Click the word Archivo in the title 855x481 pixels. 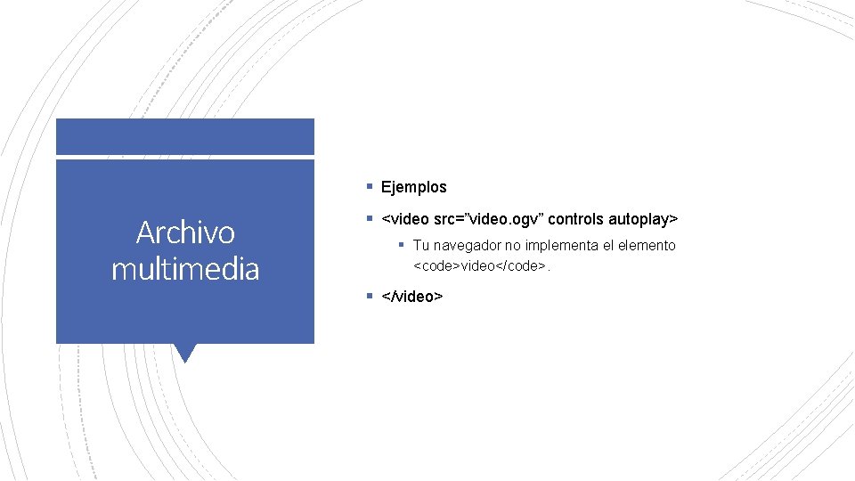(185, 232)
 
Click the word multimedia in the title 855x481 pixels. (185, 268)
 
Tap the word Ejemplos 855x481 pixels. (413, 187)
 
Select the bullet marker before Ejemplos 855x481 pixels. (369, 187)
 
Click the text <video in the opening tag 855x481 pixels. (403, 218)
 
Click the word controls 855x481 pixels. (578, 218)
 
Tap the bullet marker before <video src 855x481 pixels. (369, 218)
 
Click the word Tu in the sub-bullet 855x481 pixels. (421, 245)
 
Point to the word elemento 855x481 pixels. (646, 245)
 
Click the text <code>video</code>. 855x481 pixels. (478, 265)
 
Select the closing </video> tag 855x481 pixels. (411, 296)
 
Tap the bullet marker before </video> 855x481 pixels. (369, 296)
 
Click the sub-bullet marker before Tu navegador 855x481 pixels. (402, 245)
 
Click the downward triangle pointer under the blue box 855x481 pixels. (185, 353)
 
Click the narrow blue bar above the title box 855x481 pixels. (185, 136)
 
